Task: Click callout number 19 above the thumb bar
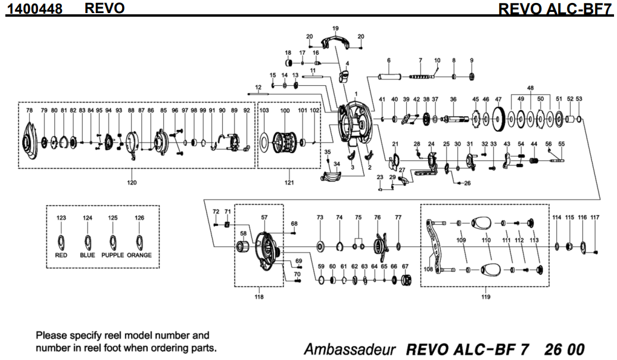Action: [335, 29]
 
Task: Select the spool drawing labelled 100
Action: [285, 143]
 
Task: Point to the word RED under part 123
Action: [61, 255]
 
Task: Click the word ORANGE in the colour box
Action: [139, 255]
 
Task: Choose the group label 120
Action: [131, 182]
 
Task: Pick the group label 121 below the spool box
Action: [289, 182]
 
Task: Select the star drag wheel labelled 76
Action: [377, 245]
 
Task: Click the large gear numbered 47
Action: [498, 119]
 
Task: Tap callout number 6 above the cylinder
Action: [388, 60]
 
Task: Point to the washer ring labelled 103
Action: [264, 142]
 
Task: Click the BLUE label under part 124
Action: [88, 255]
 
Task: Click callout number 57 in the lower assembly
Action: [264, 218]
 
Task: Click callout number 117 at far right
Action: [595, 218]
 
